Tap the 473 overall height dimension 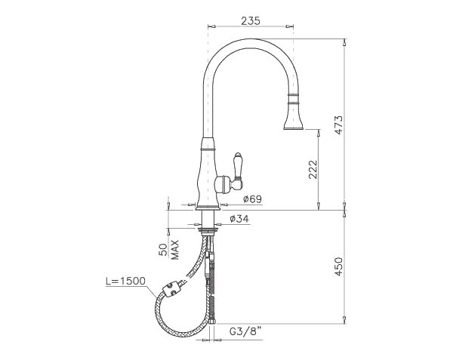tap(339, 125)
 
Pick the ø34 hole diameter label tap(239, 219)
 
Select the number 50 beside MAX tap(162, 251)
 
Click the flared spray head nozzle tap(293, 119)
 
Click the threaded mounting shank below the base tap(206, 222)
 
